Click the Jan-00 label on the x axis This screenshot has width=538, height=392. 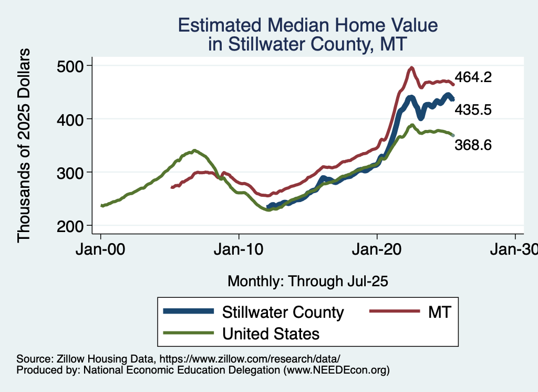[x=101, y=250]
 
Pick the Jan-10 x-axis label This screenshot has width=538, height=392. [x=239, y=250]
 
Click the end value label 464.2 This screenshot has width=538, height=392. [x=473, y=77]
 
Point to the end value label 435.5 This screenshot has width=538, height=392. [x=473, y=109]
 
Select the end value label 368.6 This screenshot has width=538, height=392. [x=473, y=145]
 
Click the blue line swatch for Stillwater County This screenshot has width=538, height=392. [x=189, y=312]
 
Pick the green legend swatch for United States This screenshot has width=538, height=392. [x=189, y=333]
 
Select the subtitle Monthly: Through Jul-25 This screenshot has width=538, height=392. [x=307, y=282]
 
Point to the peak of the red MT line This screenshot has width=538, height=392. [x=411, y=67]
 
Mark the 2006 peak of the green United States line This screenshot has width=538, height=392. [x=194, y=150]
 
